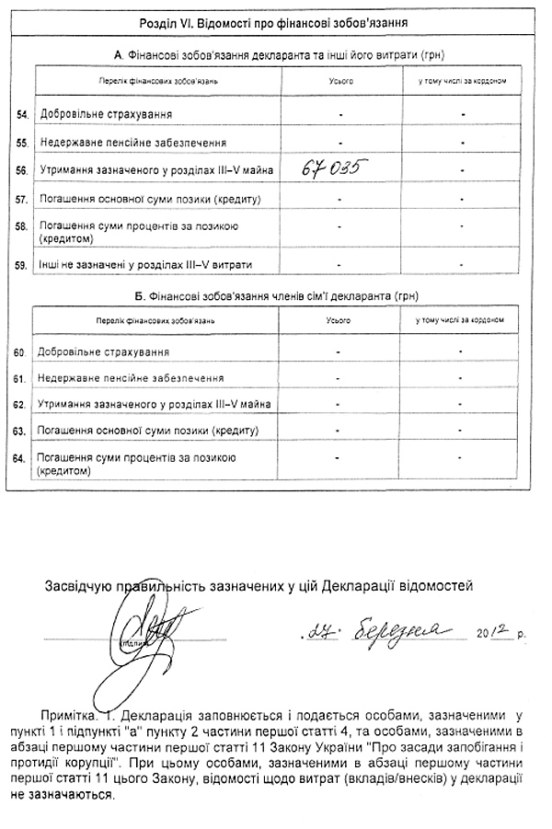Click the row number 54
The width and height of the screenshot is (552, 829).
click(x=21, y=114)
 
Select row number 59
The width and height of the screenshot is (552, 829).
click(x=21, y=265)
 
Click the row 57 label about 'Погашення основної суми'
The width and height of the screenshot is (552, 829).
click(x=144, y=199)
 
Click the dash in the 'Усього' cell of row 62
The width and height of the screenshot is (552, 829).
click(x=339, y=403)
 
